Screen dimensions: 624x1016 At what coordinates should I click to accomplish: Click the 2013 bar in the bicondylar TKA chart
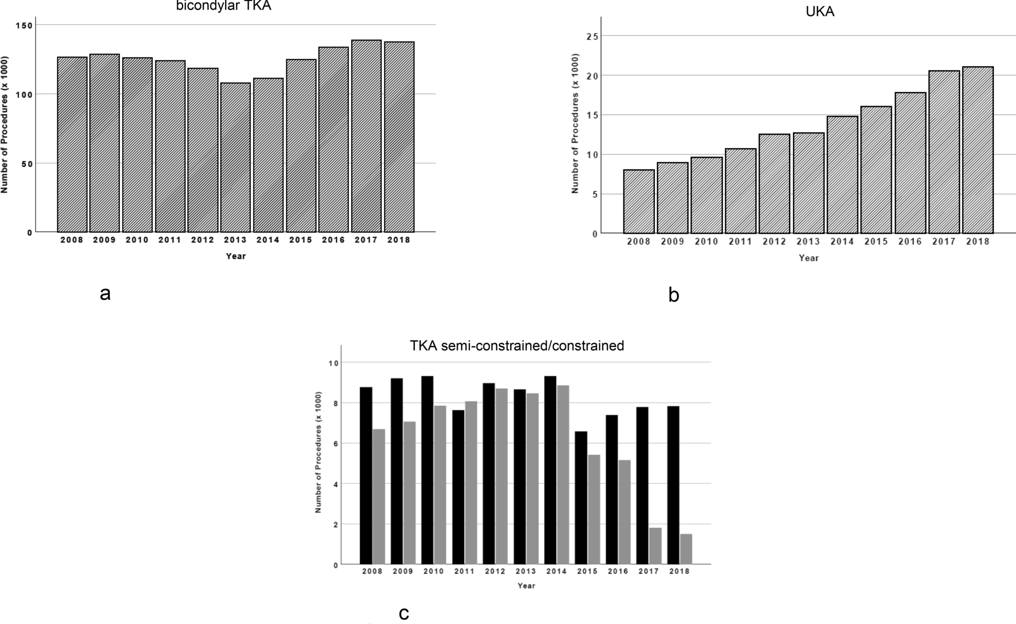point(235,157)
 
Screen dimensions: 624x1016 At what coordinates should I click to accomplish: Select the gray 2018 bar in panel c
point(686,549)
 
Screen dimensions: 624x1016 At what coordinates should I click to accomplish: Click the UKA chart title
point(820,12)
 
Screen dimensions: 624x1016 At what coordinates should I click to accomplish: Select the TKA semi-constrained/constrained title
point(516,346)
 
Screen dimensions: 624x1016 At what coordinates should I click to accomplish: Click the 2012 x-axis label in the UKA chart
point(774,242)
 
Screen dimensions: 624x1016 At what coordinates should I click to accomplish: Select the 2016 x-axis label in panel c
point(618,571)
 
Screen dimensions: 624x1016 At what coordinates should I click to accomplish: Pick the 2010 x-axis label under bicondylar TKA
point(137,240)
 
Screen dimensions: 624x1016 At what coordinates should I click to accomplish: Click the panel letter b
point(673,295)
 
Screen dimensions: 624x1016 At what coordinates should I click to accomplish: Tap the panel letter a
point(105,293)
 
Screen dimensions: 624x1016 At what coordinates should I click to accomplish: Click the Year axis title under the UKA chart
point(808,258)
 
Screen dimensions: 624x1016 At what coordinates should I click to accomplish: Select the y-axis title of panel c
point(318,452)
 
